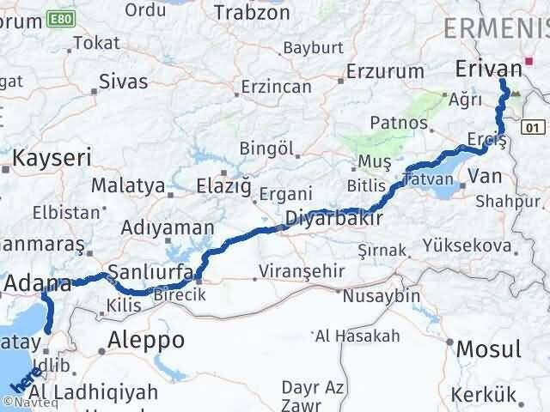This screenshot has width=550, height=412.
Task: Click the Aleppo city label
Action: (x=147, y=341)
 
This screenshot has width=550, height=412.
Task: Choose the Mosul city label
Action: (x=488, y=349)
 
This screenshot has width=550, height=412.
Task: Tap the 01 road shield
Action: (x=535, y=127)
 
